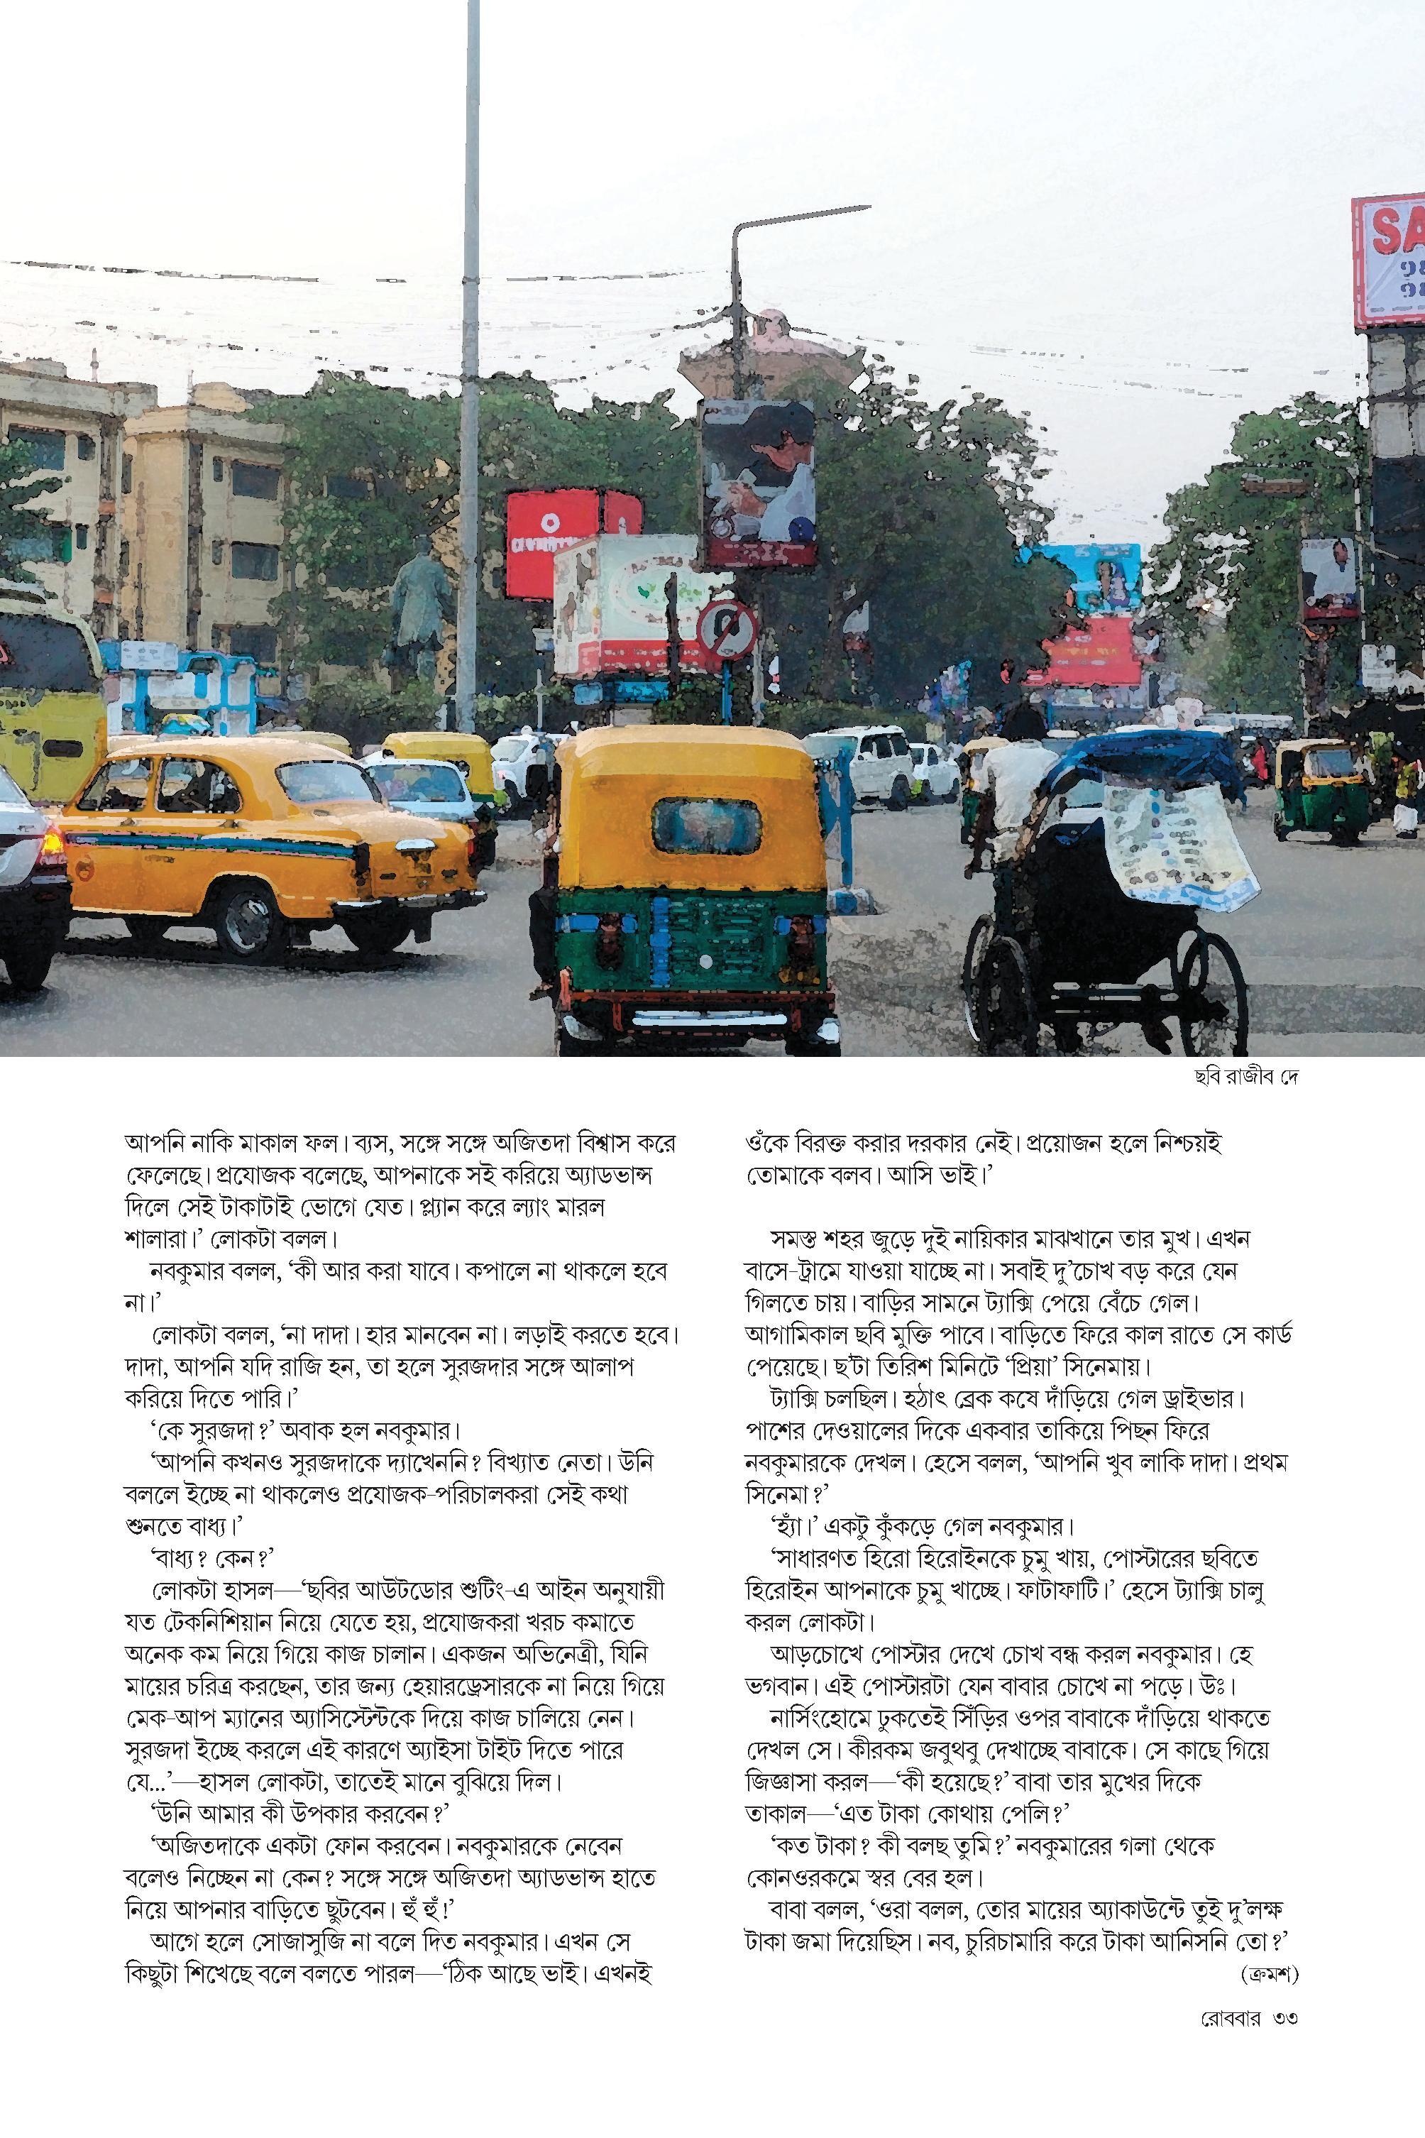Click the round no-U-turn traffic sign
(727, 627)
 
